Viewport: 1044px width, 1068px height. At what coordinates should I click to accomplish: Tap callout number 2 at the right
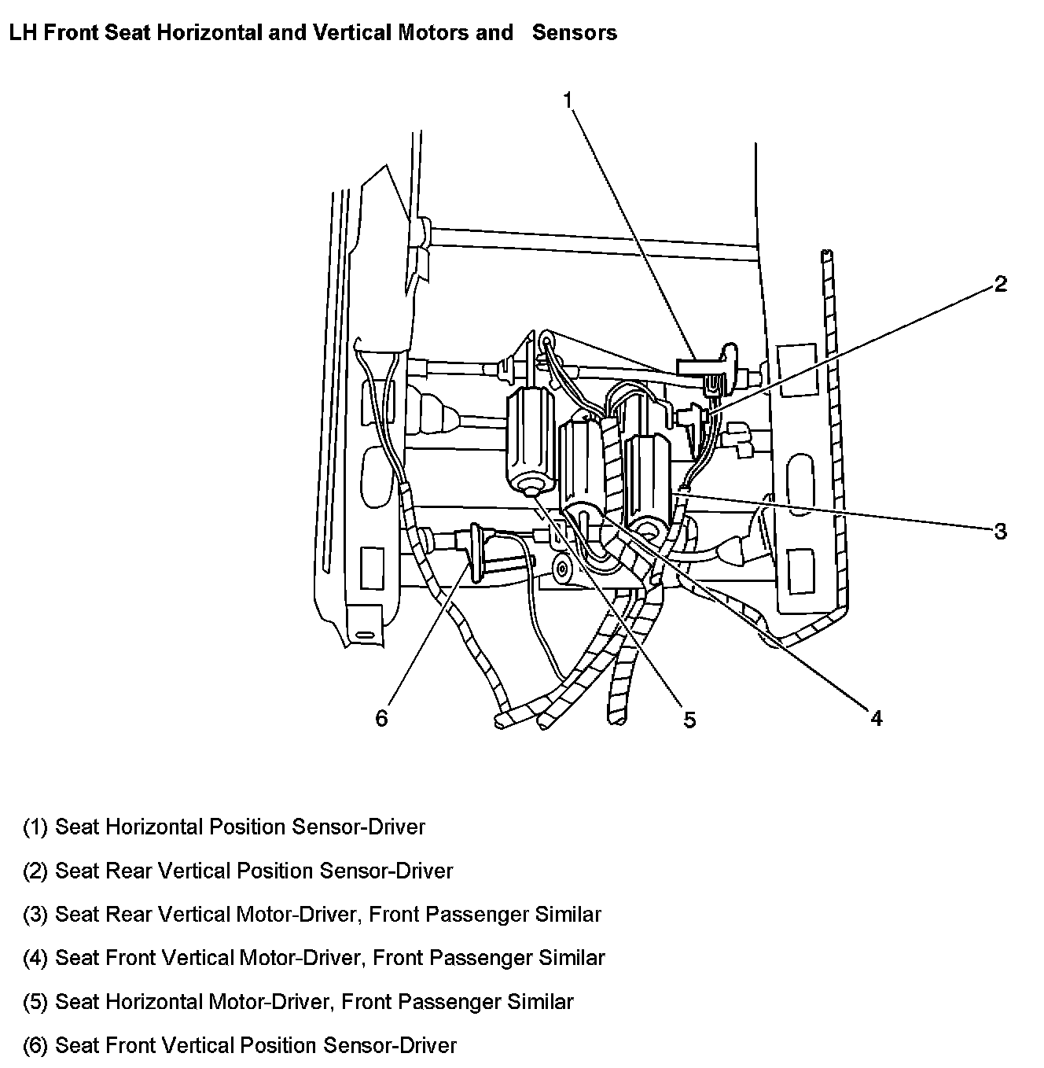[1000, 284]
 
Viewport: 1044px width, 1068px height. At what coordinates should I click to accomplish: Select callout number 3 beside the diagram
[1000, 532]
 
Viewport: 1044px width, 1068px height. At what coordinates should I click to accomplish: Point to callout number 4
[876, 717]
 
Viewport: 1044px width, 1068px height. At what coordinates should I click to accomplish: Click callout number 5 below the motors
[689, 720]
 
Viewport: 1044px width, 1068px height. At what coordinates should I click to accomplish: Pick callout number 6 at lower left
[381, 718]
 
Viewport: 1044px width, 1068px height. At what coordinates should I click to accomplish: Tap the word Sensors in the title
[575, 32]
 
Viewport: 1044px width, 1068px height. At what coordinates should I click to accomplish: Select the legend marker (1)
[36, 827]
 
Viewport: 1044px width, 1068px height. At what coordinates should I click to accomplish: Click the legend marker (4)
[36, 958]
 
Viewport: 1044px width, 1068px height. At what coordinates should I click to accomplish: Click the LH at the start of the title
[20, 32]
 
